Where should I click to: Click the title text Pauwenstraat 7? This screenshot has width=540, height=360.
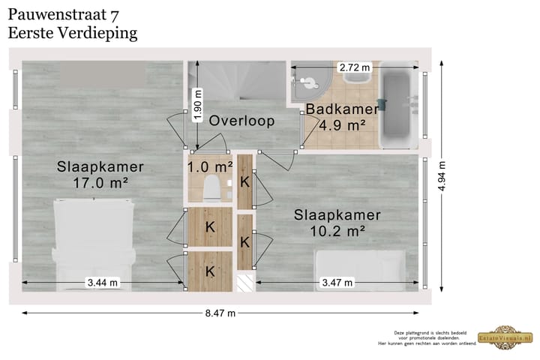(63, 14)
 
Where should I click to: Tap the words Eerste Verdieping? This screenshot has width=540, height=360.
(72, 32)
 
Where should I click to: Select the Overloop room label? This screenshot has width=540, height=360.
(241, 121)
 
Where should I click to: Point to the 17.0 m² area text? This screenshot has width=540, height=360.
(100, 182)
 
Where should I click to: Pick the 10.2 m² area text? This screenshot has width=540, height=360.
(337, 230)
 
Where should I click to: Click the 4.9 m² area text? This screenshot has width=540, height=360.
(342, 125)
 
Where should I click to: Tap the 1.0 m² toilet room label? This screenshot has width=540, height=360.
(210, 166)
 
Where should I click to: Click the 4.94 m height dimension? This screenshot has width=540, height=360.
(442, 177)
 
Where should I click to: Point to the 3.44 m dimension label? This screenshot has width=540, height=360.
(102, 283)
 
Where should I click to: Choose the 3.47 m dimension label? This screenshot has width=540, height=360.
(337, 283)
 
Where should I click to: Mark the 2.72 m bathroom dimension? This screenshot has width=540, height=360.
(355, 67)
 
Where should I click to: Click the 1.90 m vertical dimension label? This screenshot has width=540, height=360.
(198, 106)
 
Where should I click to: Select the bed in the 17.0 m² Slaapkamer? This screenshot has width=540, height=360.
(94, 244)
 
